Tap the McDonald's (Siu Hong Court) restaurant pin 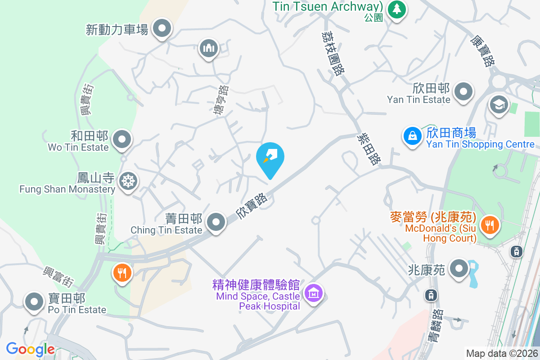(489, 224)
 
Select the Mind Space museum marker (314, 293)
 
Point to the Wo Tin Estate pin (122, 139)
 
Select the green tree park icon (396, 9)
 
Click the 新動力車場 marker (162, 29)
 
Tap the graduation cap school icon (499, 104)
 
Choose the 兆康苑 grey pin (459, 269)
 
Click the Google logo (30, 349)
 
